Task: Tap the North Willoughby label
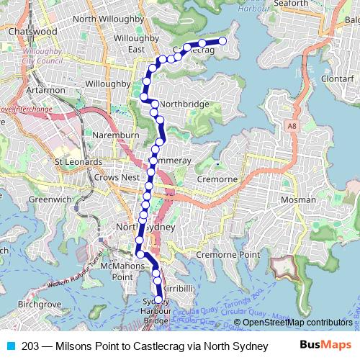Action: pyautogui.click(x=105, y=19)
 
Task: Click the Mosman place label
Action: pyautogui.click(x=297, y=199)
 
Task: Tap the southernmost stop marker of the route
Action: pyautogui.click(x=159, y=300)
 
